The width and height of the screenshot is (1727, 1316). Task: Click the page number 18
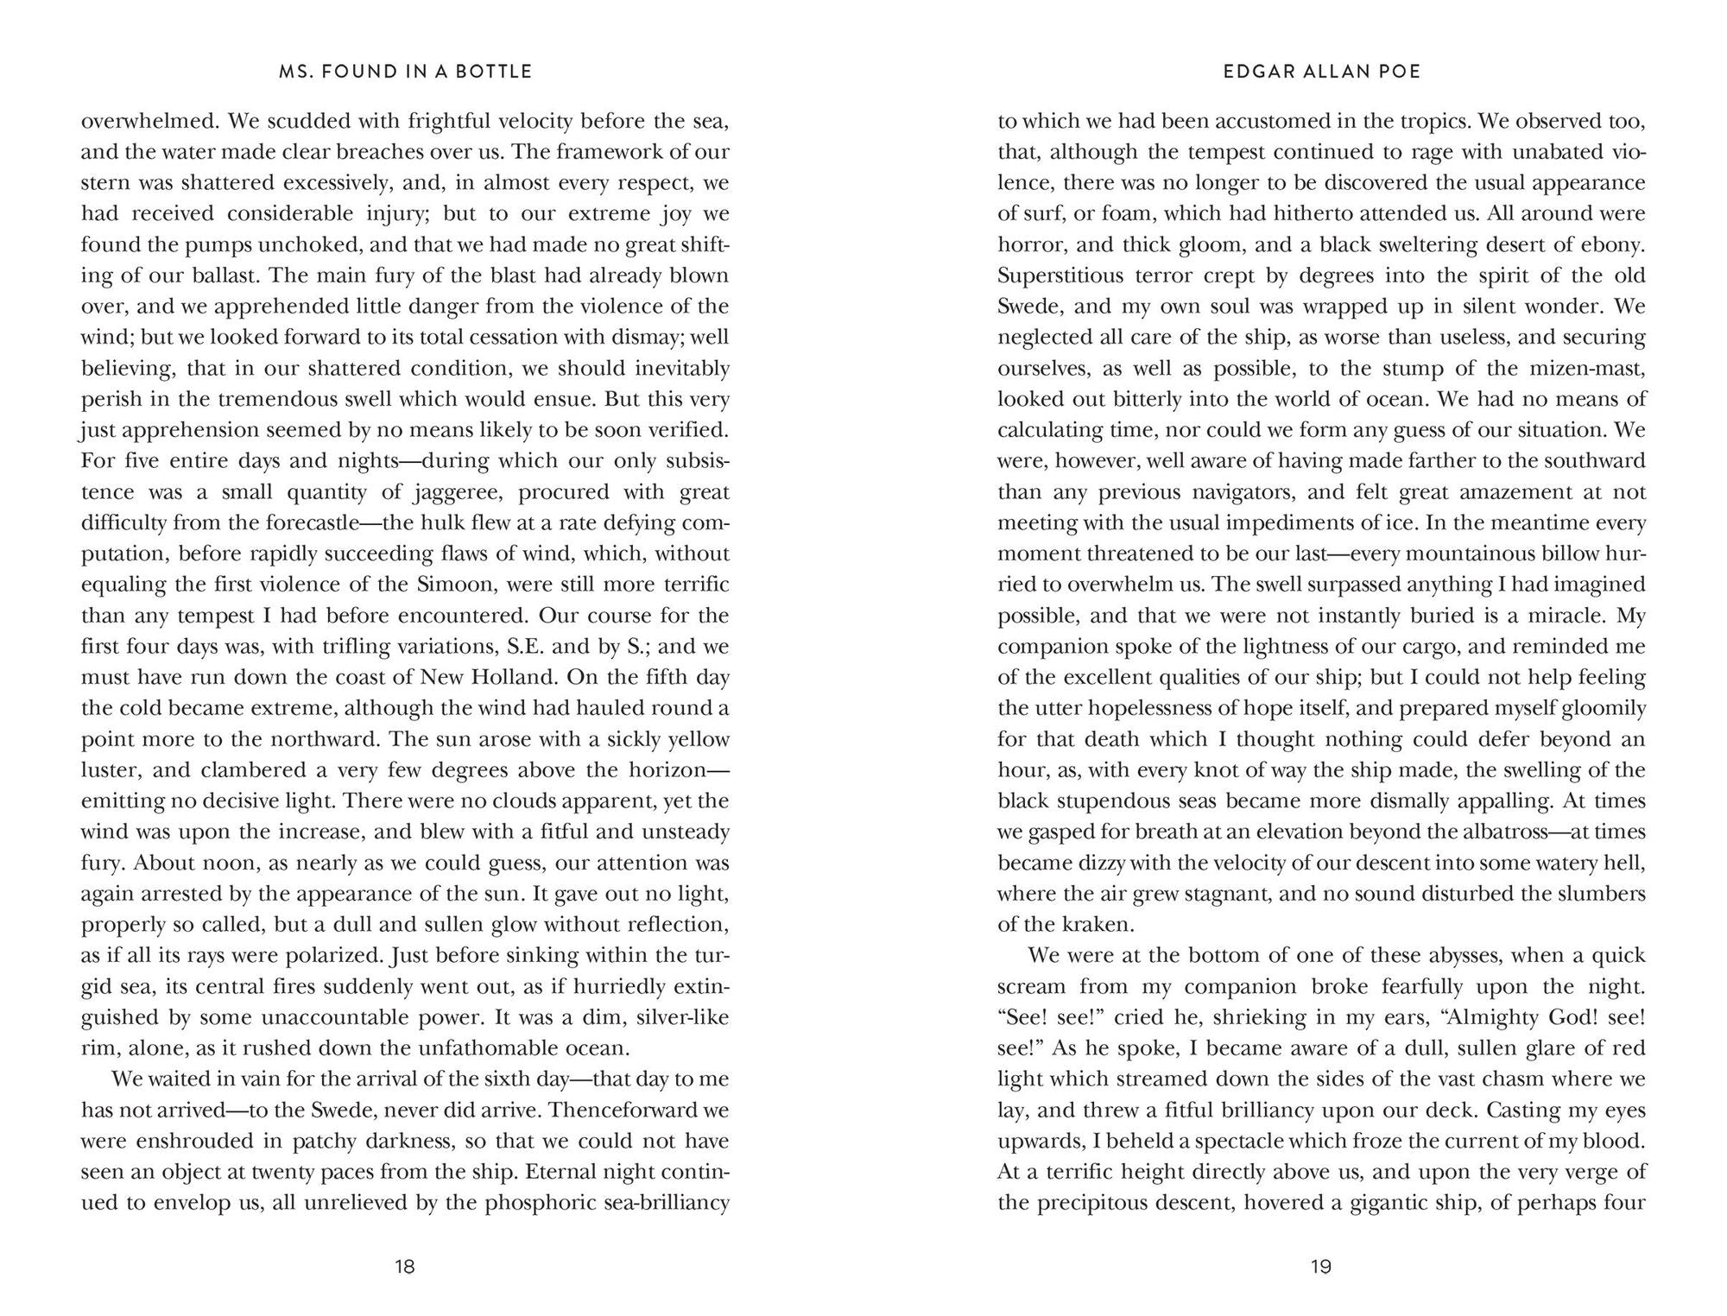[404, 1267]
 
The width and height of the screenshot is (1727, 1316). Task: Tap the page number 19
[1321, 1267]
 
